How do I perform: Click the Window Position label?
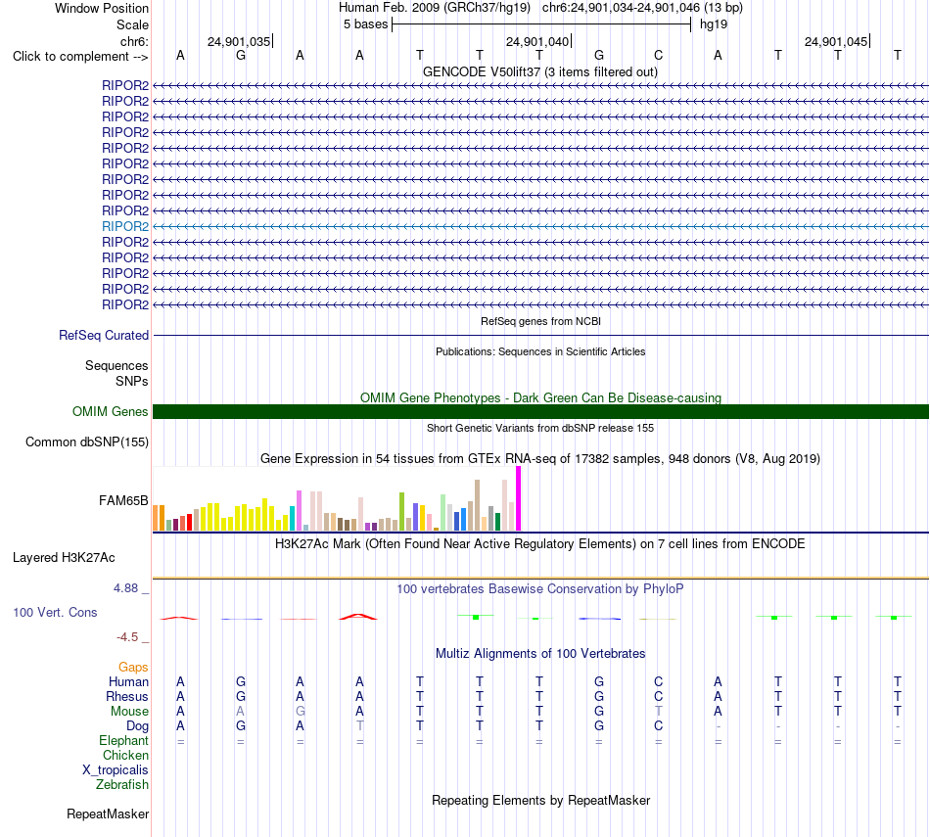coord(102,8)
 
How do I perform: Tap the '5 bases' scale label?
coord(365,24)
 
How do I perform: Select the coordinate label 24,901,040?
coord(537,41)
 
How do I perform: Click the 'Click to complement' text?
coord(70,57)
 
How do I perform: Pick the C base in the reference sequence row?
coord(659,55)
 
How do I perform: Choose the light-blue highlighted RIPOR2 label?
coord(125,226)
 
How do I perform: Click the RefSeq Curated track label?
coord(104,335)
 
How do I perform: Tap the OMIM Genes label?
coord(111,412)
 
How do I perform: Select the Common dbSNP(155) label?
coord(87,442)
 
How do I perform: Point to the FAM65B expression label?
coord(123,500)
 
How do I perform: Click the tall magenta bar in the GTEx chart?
coord(519,498)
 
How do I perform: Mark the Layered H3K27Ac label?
coord(64,558)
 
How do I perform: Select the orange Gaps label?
coord(133,668)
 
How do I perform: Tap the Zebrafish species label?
coord(122,785)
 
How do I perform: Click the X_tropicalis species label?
coord(116,770)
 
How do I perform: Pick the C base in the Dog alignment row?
coord(659,726)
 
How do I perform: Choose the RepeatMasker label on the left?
coord(108,814)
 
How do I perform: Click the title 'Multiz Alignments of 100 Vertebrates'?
coord(540,654)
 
